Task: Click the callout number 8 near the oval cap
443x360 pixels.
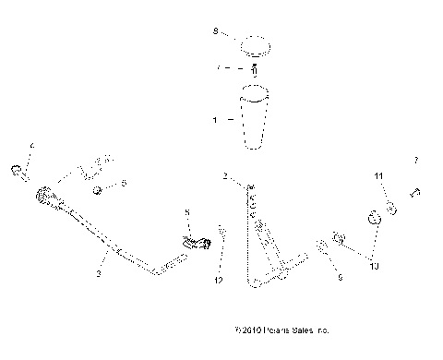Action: click(215, 32)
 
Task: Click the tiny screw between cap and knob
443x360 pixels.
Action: click(254, 69)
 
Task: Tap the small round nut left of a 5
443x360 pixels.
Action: click(98, 190)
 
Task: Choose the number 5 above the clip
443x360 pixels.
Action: click(189, 213)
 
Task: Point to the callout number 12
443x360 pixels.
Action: click(219, 279)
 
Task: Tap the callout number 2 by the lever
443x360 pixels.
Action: click(224, 175)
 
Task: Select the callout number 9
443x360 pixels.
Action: click(338, 275)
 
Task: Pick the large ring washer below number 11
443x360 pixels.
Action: click(376, 221)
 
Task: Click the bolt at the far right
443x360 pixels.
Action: click(414, 194)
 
